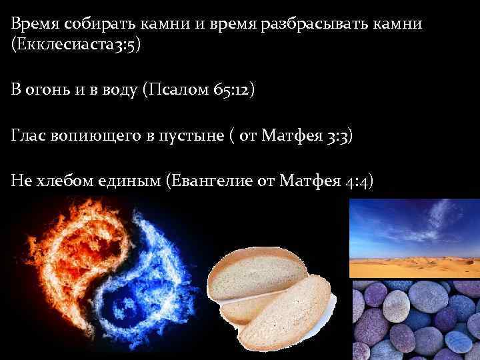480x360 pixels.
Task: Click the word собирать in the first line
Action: pos(96,23)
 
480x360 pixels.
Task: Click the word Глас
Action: pos(29,136)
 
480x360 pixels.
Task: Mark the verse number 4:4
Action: pos(360,181)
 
